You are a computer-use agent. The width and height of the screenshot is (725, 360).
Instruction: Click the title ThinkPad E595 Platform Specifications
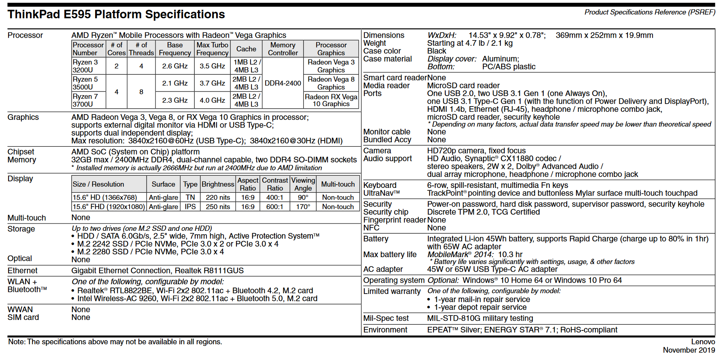pos(116,15)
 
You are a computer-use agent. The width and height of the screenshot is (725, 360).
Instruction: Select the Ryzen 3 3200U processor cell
pos(85,66)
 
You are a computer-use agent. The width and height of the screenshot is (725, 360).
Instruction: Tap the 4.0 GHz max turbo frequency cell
pos(212,100)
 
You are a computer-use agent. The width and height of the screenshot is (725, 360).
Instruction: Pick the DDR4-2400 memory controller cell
pos(283,83)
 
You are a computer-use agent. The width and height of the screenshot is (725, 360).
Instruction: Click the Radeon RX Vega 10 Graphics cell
pos(331,100)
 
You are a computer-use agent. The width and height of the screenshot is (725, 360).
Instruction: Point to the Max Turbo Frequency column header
pos(212,49)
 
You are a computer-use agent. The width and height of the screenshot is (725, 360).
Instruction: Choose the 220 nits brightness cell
pos(218,198)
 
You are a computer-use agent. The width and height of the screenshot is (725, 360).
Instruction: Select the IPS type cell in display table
pos(190,207)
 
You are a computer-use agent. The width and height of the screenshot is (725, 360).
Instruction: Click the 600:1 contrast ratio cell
pos(275,207)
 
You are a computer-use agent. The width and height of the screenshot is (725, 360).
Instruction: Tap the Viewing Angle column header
pos(303,184)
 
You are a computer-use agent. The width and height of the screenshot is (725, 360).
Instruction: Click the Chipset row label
pos(21,152)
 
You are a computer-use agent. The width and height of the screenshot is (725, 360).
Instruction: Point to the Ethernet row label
pos(22,271)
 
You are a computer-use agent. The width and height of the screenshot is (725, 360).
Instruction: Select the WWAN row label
pos(20,310)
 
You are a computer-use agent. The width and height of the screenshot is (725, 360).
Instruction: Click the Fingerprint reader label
pos(394,220)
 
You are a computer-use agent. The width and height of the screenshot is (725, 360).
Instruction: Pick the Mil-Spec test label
pos(386,319)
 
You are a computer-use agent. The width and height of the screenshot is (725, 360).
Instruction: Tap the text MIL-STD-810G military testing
pos(480,319)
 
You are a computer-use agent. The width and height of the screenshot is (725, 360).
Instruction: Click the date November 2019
pos(689,350)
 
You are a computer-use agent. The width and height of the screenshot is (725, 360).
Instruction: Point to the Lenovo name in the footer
pos(703,342)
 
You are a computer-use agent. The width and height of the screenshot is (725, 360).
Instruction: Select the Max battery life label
pos(390,255)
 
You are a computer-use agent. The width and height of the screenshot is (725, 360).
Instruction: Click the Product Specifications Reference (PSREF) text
pos(650,12)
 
